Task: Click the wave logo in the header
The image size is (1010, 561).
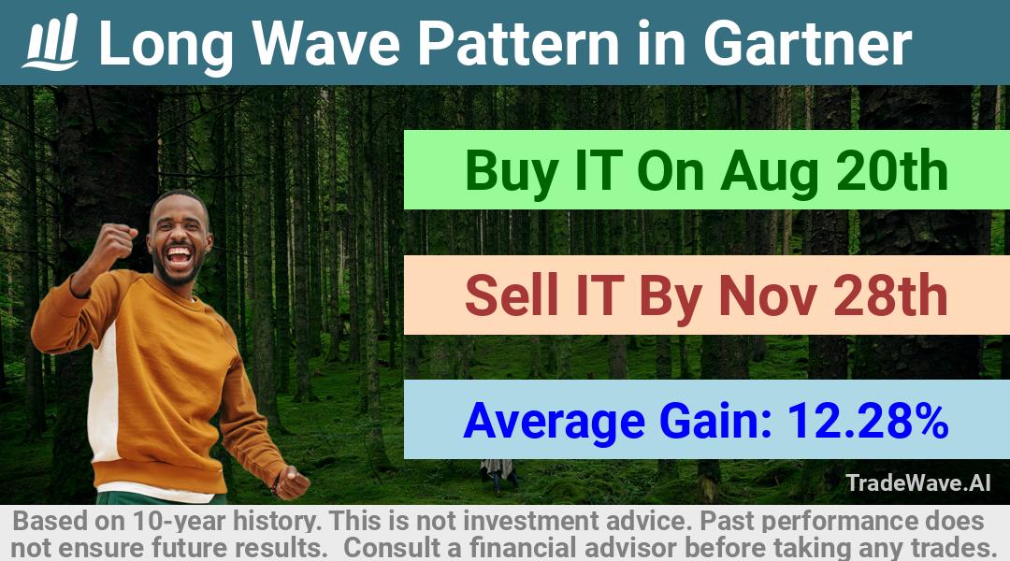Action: tap(50, 42)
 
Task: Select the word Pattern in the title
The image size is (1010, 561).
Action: tap(518, 43)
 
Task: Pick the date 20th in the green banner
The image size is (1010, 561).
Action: tap(892, 170)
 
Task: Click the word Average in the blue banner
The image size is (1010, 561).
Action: tap(554, 422)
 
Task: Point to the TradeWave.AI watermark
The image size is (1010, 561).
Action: tap(918, 482)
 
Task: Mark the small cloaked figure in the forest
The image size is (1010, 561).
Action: tap(498, 474)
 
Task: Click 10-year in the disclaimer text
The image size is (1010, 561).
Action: tap(180, 521)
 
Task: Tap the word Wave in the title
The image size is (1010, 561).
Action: tap(325, 43)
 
